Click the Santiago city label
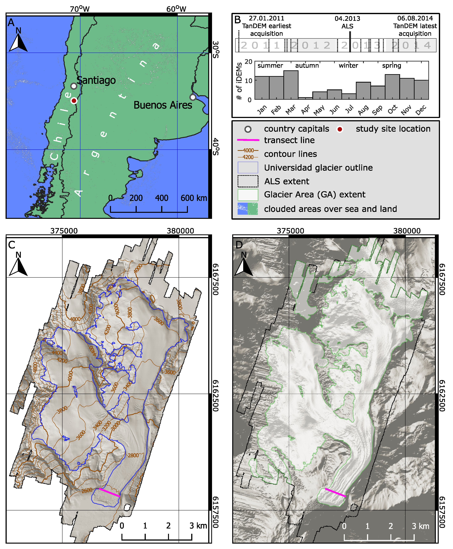96,80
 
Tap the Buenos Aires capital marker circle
193,97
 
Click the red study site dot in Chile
74,101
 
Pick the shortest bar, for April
305,98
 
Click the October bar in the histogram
392,87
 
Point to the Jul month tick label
349,109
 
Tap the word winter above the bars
348,66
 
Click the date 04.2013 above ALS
347,19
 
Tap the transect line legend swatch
248,140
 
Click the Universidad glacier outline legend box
248,167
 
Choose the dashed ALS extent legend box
248,181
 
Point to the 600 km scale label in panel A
193,198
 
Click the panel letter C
12,245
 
